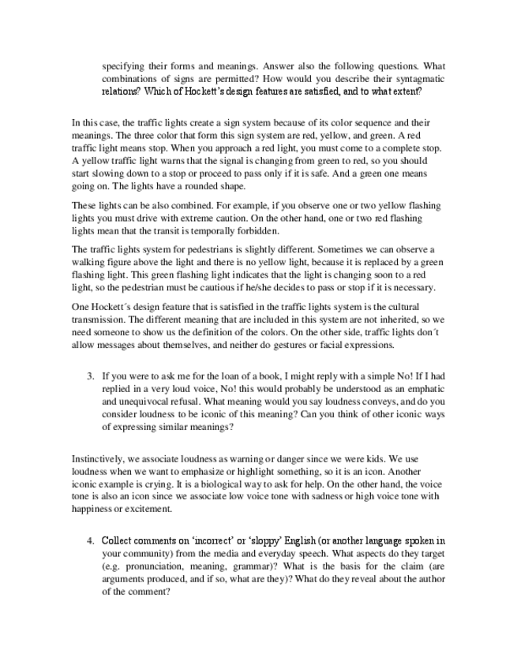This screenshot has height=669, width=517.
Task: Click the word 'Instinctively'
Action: click(x=99, y=458)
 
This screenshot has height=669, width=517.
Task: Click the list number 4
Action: click(x=90, y=540)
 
